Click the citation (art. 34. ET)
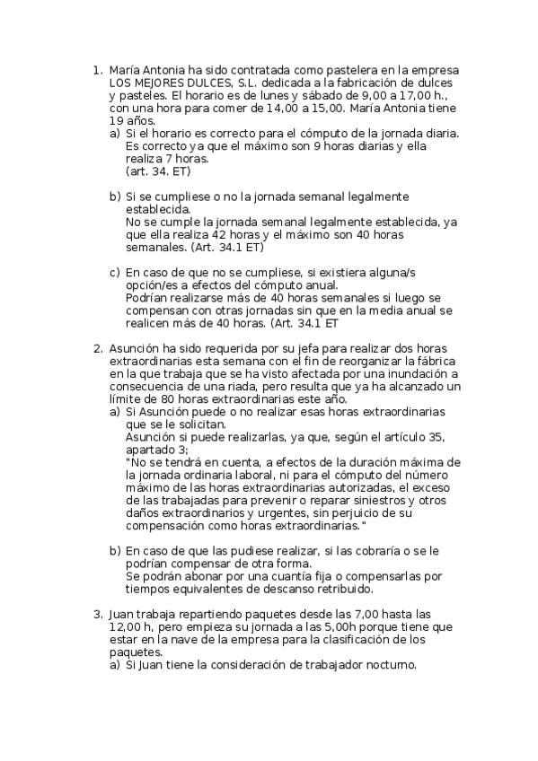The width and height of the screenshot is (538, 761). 159,171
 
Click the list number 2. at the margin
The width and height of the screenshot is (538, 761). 98,347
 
